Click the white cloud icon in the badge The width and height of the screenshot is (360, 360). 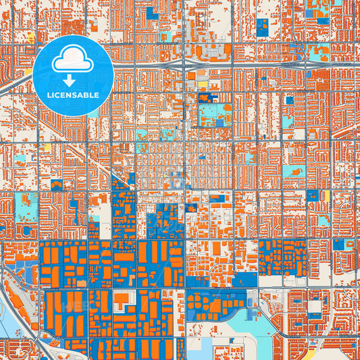73,59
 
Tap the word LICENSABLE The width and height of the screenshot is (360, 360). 73,95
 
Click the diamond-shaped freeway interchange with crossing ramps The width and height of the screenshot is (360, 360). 184,63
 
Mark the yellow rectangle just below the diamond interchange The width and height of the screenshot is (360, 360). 202,84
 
